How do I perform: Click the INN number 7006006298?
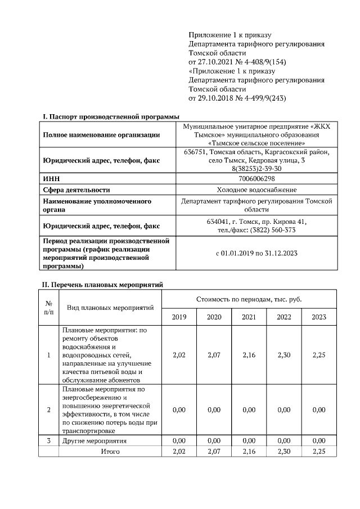point(256,178)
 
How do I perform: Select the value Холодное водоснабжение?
point(256,190)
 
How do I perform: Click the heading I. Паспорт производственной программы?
point(107,116)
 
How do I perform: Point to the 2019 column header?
point(179,317)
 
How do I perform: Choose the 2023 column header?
point(319,317)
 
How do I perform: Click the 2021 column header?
point(249,317)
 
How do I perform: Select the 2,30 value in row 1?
point(284,355)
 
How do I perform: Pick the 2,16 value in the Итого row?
point(249,451)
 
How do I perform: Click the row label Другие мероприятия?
point(94,440)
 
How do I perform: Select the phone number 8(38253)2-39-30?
point(256,169)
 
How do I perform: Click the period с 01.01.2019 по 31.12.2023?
point(256,253)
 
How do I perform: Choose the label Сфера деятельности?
point(76,190)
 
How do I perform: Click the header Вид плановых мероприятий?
point(110,308)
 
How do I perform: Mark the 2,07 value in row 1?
point(214,355)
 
